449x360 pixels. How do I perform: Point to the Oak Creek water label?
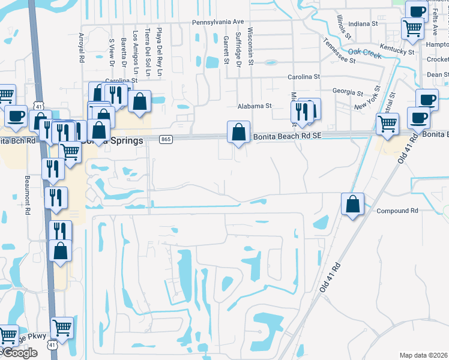tap(364, 53)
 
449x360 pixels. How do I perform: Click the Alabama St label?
tap(255, 106)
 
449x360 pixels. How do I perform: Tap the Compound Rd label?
tap(397, 211)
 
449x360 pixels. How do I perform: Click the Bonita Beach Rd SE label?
tap(288, 137)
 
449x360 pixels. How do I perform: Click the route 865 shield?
tap(166, 140)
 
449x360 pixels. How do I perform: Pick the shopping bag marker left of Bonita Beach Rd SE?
tap(239, 131)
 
